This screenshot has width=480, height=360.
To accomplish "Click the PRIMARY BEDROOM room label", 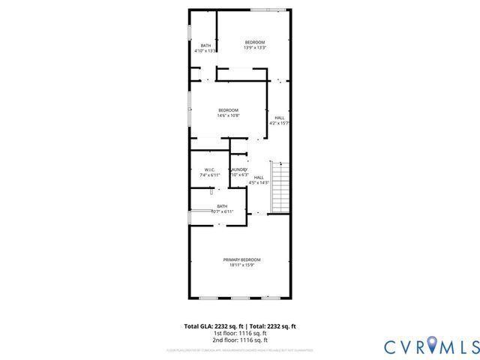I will (241, 259).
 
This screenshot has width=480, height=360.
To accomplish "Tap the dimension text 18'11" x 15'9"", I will (241, 265).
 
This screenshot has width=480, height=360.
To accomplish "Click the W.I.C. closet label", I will (209, 169).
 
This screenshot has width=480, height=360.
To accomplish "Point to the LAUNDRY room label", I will (238, 170).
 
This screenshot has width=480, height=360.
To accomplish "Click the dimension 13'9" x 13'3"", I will (254, 47).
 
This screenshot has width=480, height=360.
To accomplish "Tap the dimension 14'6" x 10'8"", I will (228, 115).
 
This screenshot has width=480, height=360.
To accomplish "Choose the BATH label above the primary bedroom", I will (222, 206).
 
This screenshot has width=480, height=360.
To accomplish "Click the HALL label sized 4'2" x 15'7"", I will (279, 118).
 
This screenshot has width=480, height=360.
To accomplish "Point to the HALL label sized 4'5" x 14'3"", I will (259, 177).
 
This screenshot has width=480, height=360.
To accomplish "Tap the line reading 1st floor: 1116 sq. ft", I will (240, 333).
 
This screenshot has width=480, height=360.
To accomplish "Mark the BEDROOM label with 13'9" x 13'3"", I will (254, 42).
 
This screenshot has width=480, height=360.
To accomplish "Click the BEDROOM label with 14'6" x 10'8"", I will (228, 110).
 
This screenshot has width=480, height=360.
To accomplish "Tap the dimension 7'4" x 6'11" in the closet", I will (209, 175).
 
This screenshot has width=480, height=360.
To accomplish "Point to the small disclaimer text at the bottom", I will (240, 350).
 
